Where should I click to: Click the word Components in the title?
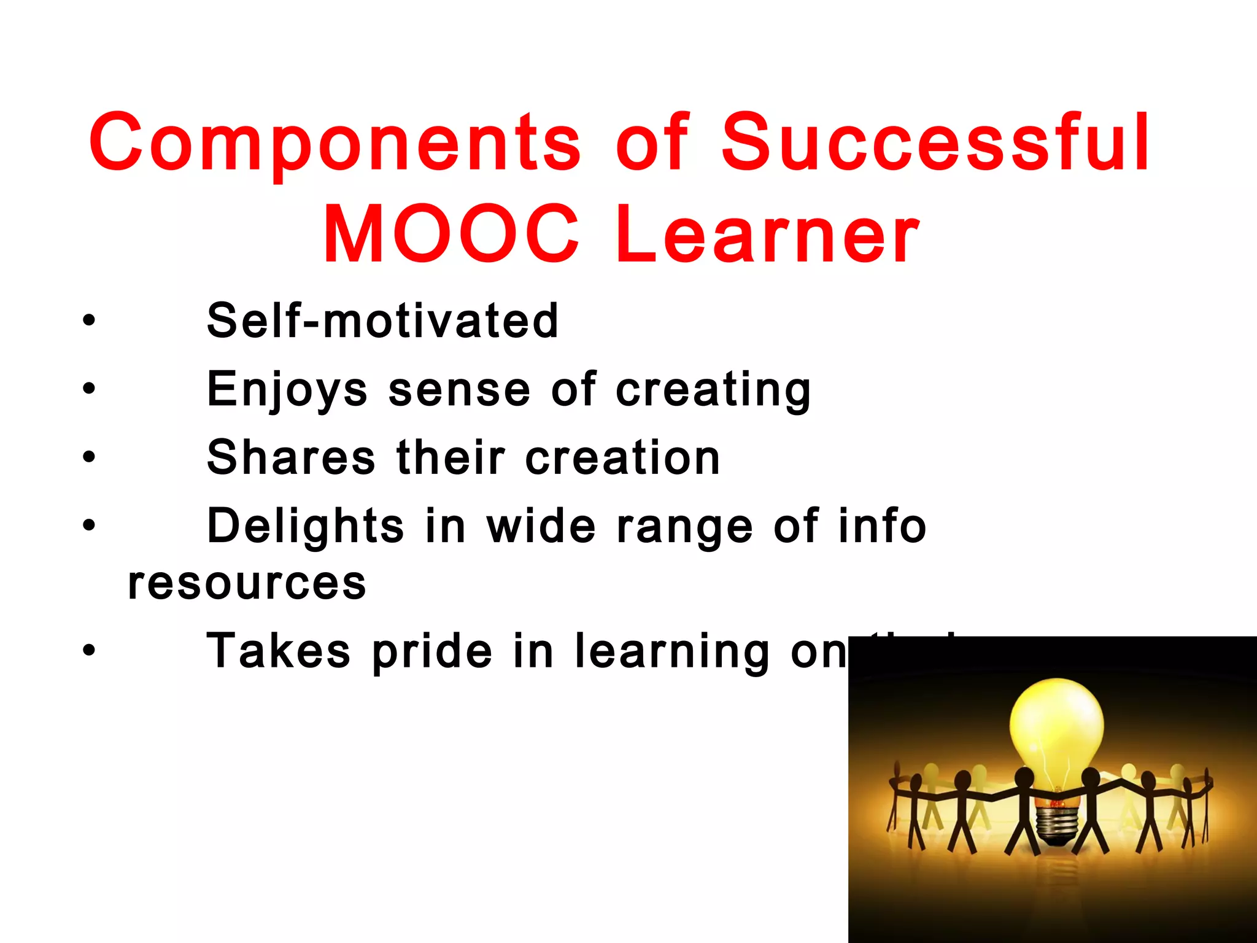point(335,142)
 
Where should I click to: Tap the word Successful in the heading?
point(935,142)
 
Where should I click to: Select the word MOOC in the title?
point(451,235)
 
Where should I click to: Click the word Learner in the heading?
point(767,235)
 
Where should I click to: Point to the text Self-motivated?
point(382,320)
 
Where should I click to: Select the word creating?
point(713,390)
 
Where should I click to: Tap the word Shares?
point(291,458)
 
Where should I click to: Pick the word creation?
point(622,458)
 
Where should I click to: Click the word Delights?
point(305,527)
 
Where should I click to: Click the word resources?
point(247,583)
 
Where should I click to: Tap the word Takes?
point(278,651)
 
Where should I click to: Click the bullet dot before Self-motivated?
point(90,320)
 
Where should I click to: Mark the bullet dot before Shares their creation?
point(90,457)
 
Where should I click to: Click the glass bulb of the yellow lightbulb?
point(1056,728)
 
